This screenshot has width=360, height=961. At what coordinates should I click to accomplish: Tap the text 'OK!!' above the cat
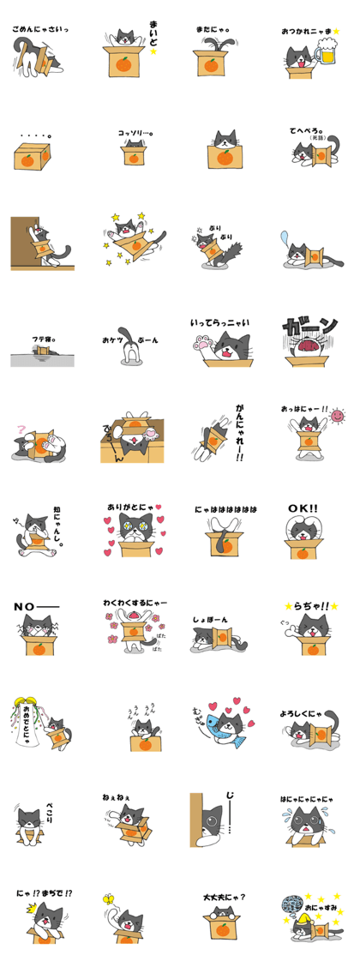click(302, 509)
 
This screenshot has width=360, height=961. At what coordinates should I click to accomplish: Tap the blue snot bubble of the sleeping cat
click(285, 237)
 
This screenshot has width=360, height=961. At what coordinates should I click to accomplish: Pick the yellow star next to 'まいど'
click(155, 51)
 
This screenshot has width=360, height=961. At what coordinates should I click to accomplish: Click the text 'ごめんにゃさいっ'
click(39, 29)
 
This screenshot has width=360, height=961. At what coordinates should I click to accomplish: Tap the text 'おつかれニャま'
click(305, 31)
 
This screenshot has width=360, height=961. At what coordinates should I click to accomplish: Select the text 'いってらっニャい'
click(219, 323)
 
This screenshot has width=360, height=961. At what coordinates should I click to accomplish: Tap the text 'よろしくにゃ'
click(303, 713)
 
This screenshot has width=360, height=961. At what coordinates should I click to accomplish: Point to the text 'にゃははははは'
click(225, 509)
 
